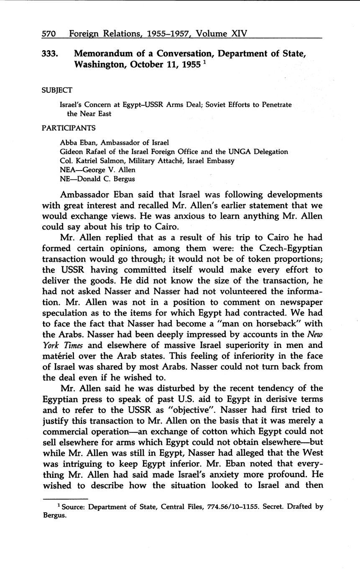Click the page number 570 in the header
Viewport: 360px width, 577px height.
[x=49, y=33]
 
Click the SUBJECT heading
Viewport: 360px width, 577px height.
[x=57, y=90]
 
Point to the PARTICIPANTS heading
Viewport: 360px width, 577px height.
[x=69, y=128]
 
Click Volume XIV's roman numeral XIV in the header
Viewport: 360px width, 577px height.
[x=235, y=33]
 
